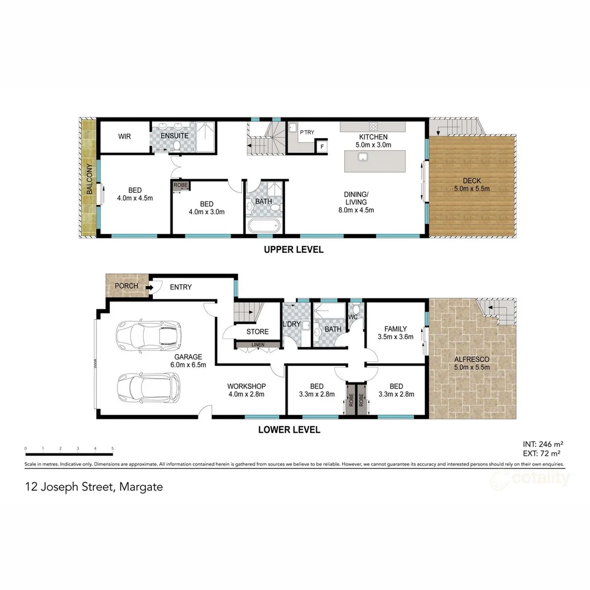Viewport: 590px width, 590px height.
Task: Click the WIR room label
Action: click(x=124, y=135)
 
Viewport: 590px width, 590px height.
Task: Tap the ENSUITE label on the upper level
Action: click(x=175, y=135)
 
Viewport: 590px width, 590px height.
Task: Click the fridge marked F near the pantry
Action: click(x=322, y=146)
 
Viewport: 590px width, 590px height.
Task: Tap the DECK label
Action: click(x=471, y=181)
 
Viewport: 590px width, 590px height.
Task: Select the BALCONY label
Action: click(x=88, y=181)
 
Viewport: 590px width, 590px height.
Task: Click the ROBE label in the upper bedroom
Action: click(x=180, y=185)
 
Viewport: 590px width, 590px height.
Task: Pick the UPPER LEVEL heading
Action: click(x=293, y=250)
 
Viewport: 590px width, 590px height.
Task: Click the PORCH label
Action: click(x=126, y=286)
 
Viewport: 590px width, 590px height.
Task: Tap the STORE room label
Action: click(x=257, y=332)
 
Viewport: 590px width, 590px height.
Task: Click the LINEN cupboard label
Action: click(x=257, y=345)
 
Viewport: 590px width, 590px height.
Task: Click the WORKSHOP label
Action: click(x=246, y=386)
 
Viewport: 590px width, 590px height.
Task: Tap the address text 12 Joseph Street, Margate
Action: click(x=93, y=486)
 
